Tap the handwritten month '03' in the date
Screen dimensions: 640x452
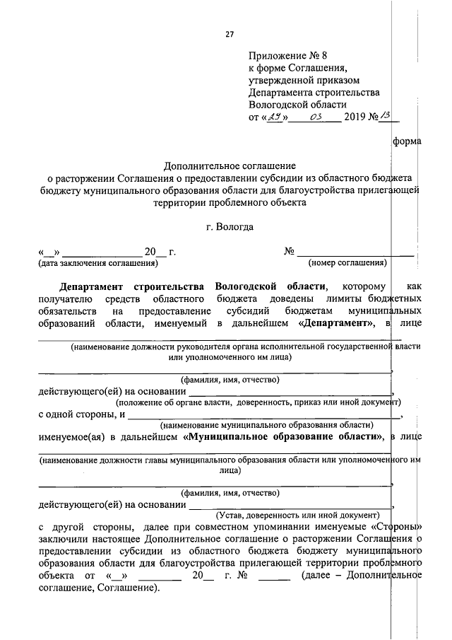(x=315, y=117)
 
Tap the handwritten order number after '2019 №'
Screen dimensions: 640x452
(x=386, y=116)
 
